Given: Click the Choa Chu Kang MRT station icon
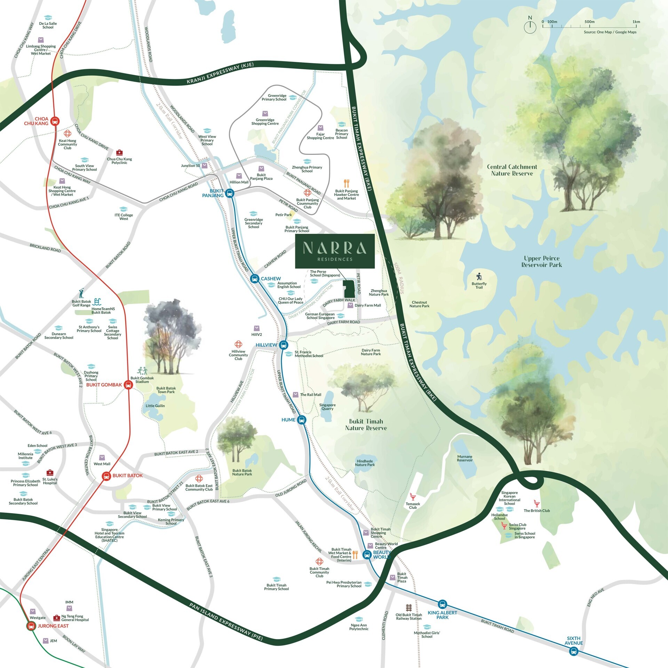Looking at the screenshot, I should click(55, 121).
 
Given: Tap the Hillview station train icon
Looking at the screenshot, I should click(284, 345).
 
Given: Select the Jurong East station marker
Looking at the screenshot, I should click(31, 626).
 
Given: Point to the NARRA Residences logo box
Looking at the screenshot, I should click(335, 251).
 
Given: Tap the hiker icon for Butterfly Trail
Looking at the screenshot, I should click(479, 277).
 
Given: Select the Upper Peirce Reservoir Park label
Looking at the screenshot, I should click(541, 261).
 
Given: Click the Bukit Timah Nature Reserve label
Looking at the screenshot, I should click(366, 424).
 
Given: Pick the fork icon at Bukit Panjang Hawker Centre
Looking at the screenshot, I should click(346, 183).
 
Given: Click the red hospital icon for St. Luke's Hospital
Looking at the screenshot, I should click(50, 472).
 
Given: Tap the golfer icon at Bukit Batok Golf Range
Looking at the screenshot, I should click(81, 293).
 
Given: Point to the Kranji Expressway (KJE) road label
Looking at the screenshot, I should click(220, 73).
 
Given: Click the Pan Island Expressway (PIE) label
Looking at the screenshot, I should click(226, 621).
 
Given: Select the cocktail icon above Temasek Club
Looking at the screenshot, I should click(413, 497).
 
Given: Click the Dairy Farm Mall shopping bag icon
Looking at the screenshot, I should click(350, 305).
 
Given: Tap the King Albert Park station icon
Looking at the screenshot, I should click(442, 604).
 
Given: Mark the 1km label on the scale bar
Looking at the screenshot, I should click(636, 22).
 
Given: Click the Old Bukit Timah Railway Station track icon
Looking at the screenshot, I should click(409, 608).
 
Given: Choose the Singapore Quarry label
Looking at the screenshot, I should click(327, 407).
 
